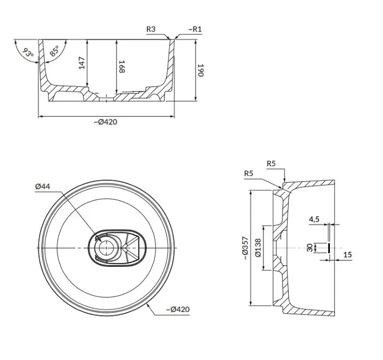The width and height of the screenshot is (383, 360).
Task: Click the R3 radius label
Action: pyautogui.click(x=151, y=29)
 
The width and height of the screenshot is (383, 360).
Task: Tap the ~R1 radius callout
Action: pyautogui.click(x=195, y=29)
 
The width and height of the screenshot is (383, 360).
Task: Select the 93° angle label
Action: pyautogui.click(x=28, y=53)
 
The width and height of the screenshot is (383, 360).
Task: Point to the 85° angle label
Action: pyautogui.click(x=54, y=51)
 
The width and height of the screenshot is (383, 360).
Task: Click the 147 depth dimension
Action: pyautogui.click(x=82, y=63)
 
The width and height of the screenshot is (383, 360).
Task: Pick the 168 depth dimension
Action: pyautogui.click(x=122, y=66)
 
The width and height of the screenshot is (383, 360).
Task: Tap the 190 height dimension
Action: pyautogui.click(x=201, y=70)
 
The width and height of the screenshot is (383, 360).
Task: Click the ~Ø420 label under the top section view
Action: pyautogui.click(x=106, y=122)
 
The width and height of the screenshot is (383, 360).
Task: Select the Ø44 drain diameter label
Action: pyautogui.click(x=42, y=186)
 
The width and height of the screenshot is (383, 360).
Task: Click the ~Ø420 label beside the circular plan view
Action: pyautogui.click(x=178, y=310)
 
